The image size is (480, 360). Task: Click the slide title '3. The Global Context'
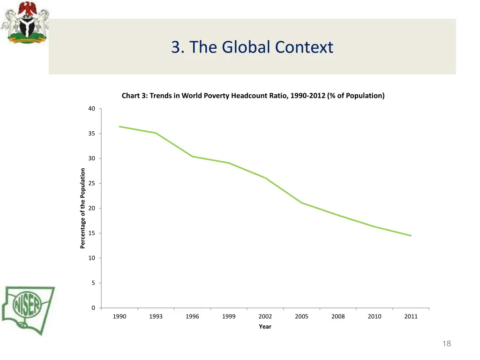pyautogui.click(x=252, y=47)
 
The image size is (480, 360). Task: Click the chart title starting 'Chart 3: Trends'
pyautogui.click(x=253, y=96)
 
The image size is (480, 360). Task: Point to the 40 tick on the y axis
pyautogui.click(x=91, y=109)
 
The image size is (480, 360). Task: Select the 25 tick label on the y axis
pyautogui.click(x=91, y=183)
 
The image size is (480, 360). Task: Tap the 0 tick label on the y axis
pyautogui.click(x=93, y=308)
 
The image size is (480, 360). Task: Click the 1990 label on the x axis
pyautogui.click(x=120, y=316)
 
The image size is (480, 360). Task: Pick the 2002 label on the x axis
pyautogui.click(x=265, y=316)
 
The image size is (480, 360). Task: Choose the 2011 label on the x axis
pyautogui.click(x=411, y=316)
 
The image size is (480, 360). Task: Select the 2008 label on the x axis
pyautogui.click(x=338, y=316)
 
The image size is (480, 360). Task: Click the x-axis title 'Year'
pyautogui.click(x=265, y=327)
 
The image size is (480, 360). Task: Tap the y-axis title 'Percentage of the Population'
pyautogui.click(x=82, y=208)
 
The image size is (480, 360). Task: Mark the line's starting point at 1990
pyautogui.click(x=120, y=127)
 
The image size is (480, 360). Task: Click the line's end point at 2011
pyautogui.click(x=411, y=236)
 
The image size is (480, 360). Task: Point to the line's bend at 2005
pyautogui.click(x=302, y=202)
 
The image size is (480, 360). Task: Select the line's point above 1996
pyautogui.click(x=192, y=156)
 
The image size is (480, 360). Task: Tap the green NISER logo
pyautogui.click(x=28, y=309)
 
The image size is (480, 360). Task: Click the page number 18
pyautogui.click(x=446, y=344)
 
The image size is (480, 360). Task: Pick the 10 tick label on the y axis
pyautogui.click(x=91, y=258)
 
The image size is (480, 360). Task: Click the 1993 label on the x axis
pyautogui.click(x=156, y=316)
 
